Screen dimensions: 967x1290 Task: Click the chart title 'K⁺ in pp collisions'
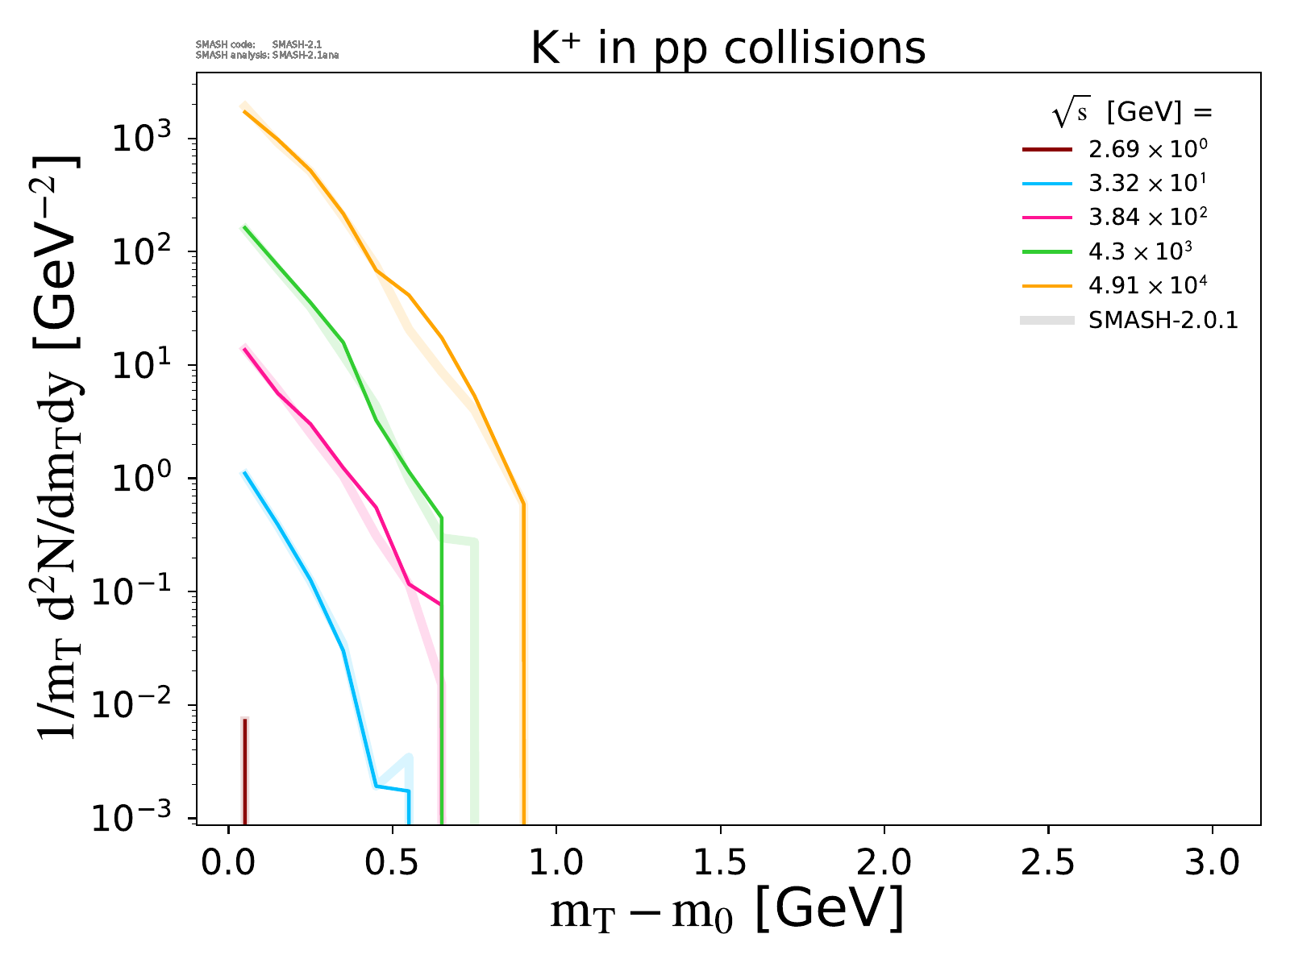728,48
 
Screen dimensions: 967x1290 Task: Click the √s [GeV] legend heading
1132,114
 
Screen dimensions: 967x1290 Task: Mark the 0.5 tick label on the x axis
393,864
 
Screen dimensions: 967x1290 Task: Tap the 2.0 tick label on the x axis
884,864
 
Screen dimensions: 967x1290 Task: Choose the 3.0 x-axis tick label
1213,864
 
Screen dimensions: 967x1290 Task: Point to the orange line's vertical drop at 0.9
524,661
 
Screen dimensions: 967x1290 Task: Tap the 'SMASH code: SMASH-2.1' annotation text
259,44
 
